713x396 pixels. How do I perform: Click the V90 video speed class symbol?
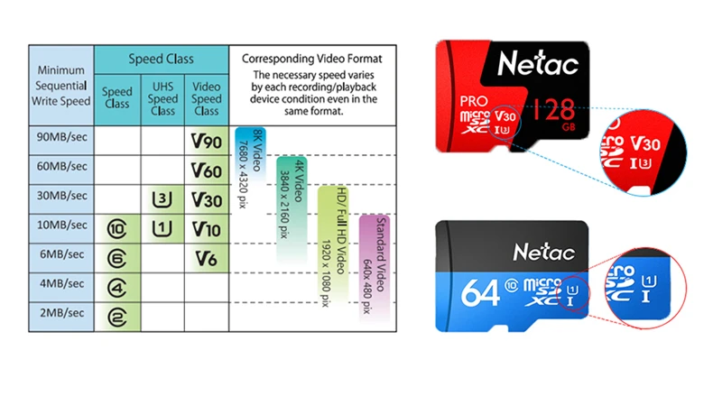pyautogui.click(x=206, y=142)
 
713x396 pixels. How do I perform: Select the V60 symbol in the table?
pyautogui.click(x=206, y=171)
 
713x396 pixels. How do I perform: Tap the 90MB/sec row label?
pyautogui.click(x=62, y=137)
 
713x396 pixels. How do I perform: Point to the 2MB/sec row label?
pyautogui.click(x=62, y=313)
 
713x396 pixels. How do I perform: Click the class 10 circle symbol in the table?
pyautogui.click(x=116, y=229)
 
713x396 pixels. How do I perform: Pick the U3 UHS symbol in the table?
pyautogui.click(x=162, y=199)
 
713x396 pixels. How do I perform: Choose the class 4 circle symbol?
pyautogui.click(x=116, y=288)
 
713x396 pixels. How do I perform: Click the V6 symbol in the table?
pyautogui.click(x=206, y=259)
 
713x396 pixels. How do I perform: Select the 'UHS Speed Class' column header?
pyautogui.click(x=162, y=98)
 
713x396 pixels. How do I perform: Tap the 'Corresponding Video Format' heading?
pyautogui.click(x=312, y=59)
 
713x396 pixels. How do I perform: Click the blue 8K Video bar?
pyautogui.click(x=251, y=154)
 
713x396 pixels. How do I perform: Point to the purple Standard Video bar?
pyautogui.click(x=375, y=268)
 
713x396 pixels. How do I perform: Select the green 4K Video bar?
pyautogui.click(x=292, y=209)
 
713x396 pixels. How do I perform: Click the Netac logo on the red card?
pyautogui.click(x=538, y=63)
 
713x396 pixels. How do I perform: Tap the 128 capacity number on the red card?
pyautogui.click(x=554, y=109)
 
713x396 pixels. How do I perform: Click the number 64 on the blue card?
pyautogui.click(x=480, y=293)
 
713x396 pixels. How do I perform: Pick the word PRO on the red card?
pyautogui.click(x=473, y=101)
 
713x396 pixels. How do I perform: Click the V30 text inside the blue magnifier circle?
pyautogui.click(x=645, y=144)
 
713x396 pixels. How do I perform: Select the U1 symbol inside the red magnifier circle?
pyautogui.click(x=648, y=281)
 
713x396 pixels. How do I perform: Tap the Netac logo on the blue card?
pyautogui.click(x=544, y=252)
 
